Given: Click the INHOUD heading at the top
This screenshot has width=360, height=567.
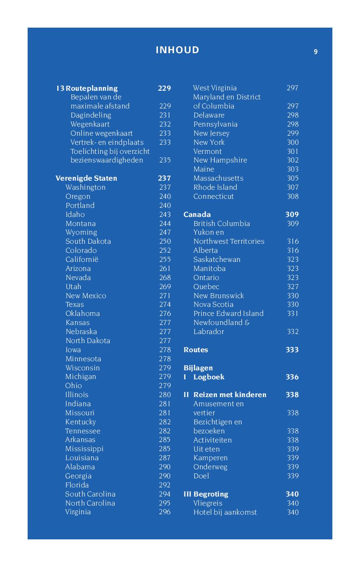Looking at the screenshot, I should pyautogui.click(x=177, y=50).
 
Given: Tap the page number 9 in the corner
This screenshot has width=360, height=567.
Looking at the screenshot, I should pyautogui.click(x=315, y=52).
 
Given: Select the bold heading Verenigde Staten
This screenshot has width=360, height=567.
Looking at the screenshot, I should pyautogui.click(x=86, y=178).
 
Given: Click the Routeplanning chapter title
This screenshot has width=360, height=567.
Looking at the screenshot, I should pyautogui.click(x=92, y=88).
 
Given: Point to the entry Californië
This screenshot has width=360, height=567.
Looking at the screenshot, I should pyautogui.click(x=82, y=259).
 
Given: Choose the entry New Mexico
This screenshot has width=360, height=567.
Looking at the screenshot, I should pyautogui.click(x=86, y=296).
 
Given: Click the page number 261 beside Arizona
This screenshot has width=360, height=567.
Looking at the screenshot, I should pyautogui.click(x=165, y=268).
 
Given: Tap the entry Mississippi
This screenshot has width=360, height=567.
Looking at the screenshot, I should pyautogui.click(x=84, y=449).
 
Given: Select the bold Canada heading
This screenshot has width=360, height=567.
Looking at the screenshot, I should pyautogui.click(x=197, y=214).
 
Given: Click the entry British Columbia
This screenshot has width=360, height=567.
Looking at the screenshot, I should pyautogui.click(x=221, y=224).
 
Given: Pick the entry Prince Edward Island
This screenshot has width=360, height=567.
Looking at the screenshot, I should pyautogui.click(x=228, y=313).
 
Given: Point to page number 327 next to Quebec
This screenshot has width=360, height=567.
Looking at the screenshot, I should pyautogui.click(x=293, y=287).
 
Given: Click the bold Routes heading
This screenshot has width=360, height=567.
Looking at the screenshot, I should pyautogui.click(x=195, y=350).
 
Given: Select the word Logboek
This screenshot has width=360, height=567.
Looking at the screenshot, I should pyautogui.click(x=209, y=377).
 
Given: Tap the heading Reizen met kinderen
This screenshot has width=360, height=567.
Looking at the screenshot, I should pyautogui.click(x=230, y=395).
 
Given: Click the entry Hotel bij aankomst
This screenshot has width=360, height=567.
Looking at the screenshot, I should pyautogui.click(x=225, y=512).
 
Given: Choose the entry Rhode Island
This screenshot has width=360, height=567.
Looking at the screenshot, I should pyautogui.click(x=215, y=187).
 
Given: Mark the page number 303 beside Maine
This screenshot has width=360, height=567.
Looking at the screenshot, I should pyautogui.click(x=293, y=169).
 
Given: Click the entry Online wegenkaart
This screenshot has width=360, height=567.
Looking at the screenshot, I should pyautogui.click(x=101, y=133).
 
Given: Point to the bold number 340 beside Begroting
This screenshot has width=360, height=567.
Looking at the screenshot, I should pyautogui.click(x=292, y=494).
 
